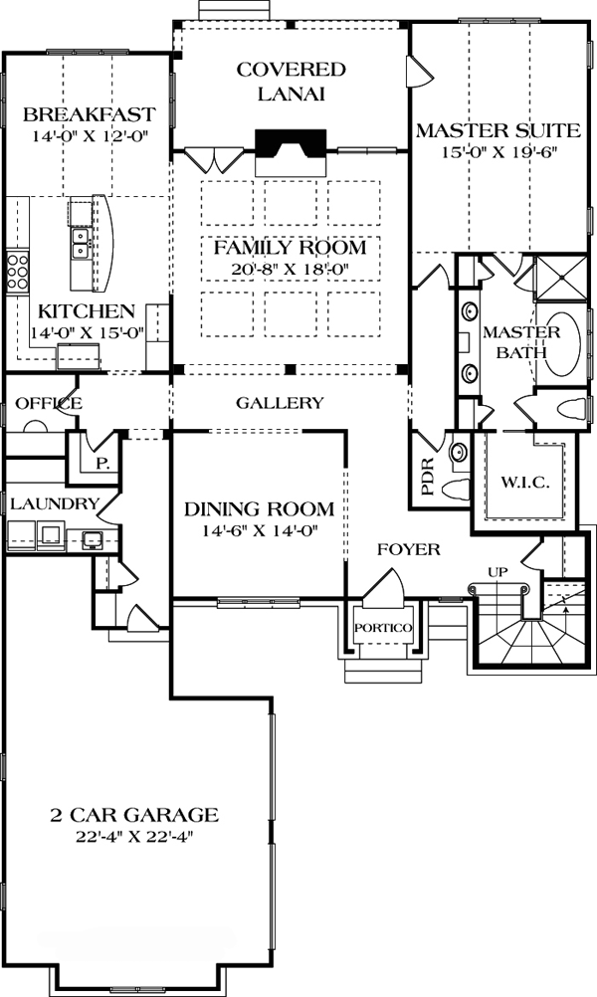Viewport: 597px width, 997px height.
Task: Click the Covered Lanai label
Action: (292, 82)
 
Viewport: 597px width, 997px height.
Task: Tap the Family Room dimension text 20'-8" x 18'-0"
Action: (291, 269)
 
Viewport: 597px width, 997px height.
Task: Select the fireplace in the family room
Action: (291, 152)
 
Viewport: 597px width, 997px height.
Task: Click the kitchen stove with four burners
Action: (17, 273)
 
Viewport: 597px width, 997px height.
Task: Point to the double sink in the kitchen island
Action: (82, 243)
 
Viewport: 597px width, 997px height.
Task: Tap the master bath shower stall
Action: (561, 278)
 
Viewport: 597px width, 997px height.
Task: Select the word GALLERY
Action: (280, 403)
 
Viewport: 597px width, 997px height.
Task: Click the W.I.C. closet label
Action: (524, 483)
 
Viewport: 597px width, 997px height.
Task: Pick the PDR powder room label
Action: (427, 477)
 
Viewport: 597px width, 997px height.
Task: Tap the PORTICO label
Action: (383, 628)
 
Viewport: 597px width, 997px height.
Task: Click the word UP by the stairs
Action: (497, 572)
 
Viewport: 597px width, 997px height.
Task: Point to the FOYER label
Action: (409, 548)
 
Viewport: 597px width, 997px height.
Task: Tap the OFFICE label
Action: (49, 403)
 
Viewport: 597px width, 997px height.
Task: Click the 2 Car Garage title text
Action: (134, 815)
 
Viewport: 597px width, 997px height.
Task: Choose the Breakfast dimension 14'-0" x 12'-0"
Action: (90, 136)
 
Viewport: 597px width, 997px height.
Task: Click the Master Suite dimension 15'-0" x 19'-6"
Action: (497, 153)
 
